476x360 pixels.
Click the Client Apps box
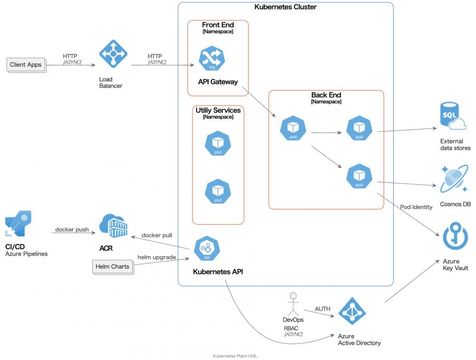click(x=26, y=64)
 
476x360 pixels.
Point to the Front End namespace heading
click(x=218, y=25)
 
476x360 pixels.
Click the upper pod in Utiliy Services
click(x=218, y=143)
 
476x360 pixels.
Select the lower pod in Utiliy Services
click(x=218, y=191)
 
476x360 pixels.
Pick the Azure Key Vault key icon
click(x=455, y=237)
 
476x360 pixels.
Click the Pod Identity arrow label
click(x=416, y=207)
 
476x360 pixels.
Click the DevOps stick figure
click(x=293, y=303)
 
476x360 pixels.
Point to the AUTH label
click(x=322, y=309)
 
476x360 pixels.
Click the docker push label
click(x=72, y=230)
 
